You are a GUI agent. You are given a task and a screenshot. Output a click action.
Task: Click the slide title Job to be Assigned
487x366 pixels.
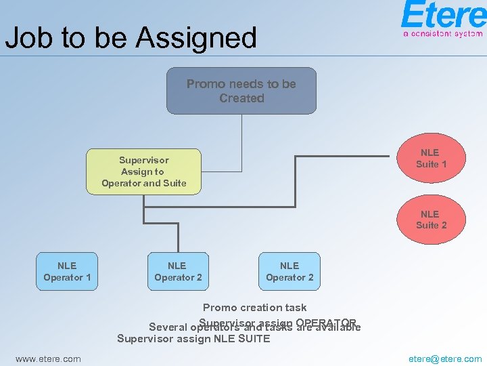click(131, 38)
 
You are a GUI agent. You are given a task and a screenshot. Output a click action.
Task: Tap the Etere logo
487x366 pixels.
click(443, 15)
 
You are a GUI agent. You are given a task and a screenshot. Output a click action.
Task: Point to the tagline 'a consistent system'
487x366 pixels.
click(443, 33)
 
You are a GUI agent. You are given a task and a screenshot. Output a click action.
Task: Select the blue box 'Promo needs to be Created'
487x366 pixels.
click(241, 91)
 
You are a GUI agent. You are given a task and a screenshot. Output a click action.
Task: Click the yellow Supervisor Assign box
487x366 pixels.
click(143, 171)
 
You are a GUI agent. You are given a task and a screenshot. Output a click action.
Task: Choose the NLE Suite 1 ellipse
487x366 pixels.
click(431, 158)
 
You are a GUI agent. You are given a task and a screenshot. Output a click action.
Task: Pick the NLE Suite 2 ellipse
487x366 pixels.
click(431, 220)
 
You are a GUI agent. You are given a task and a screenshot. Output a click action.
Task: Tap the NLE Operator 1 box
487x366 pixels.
click(67, 271)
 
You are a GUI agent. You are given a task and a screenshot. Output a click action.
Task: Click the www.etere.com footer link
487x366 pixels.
click(48, 359)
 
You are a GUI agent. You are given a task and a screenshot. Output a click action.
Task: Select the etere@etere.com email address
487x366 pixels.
click(445, 359)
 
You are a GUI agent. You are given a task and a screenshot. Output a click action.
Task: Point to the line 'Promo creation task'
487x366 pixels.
click(254, 308)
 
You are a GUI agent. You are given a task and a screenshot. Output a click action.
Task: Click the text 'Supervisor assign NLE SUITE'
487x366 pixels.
click(193, 338)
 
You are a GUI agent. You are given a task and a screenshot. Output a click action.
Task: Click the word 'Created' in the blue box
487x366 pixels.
click(241, 98)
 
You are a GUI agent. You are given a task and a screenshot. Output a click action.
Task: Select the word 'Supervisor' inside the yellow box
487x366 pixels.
click(143, 160)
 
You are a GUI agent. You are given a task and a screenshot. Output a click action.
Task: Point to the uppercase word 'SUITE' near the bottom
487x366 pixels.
click(251, 338)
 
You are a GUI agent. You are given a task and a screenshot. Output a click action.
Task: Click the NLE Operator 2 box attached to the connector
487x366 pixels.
click(178, 271)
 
